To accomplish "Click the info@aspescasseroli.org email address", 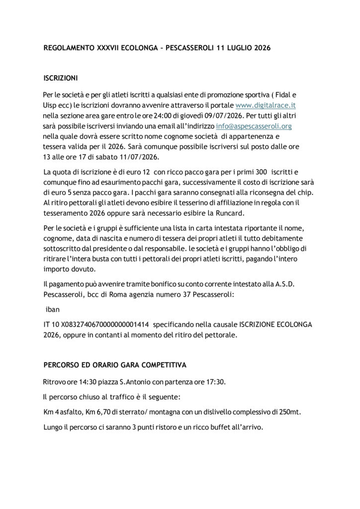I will [x=254, y=126].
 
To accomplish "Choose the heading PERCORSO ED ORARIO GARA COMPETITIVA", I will [x=115, y=365].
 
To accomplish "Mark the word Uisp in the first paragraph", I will [x=52, y=105].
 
